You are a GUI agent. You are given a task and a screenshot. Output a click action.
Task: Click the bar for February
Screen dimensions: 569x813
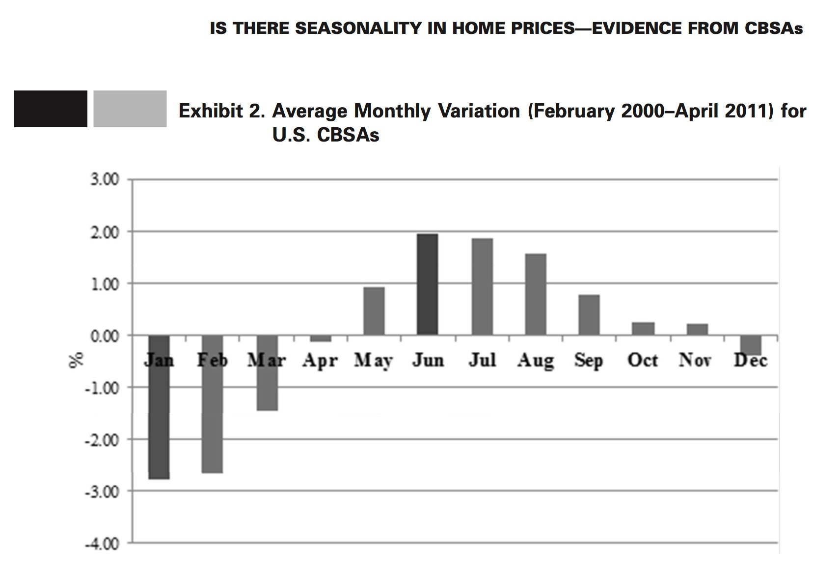coord(212,404)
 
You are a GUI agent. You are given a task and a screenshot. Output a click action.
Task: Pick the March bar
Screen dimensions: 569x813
coord(267,373)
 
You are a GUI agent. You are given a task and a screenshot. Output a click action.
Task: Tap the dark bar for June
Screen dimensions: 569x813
coord(427,284)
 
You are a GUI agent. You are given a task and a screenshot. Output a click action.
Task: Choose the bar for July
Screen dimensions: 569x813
coord(482,287)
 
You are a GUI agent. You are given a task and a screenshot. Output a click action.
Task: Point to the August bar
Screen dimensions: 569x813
coord(535,294)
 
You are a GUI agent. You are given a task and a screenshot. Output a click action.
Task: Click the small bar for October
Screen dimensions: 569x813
coord(643,329)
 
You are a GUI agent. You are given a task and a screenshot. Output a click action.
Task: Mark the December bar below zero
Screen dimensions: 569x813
coord(750,345)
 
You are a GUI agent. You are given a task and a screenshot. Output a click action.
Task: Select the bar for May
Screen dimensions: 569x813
coord(374,311)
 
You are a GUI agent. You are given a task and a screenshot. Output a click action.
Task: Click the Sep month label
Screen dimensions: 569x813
coord(589,361)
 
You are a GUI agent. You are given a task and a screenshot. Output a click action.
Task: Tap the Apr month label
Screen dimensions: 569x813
coord(320,361)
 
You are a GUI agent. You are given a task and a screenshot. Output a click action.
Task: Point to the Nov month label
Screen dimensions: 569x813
coord(695,361)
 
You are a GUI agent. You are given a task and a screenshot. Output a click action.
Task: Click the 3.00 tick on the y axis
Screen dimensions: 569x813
coord(105,180)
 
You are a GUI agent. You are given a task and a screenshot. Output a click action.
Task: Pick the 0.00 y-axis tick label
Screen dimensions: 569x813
coord(105,337)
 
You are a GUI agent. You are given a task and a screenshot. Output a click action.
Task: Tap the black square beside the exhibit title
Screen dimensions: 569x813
coord(51,109)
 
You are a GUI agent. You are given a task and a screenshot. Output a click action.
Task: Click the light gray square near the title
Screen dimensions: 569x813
coord(130,109)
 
